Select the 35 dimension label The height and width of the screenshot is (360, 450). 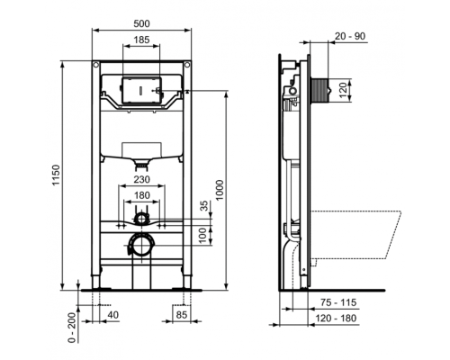pyautogui.click(x=206, y=205)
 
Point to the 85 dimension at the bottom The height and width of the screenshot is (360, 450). pyautogui.click(x=182, y=315)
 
